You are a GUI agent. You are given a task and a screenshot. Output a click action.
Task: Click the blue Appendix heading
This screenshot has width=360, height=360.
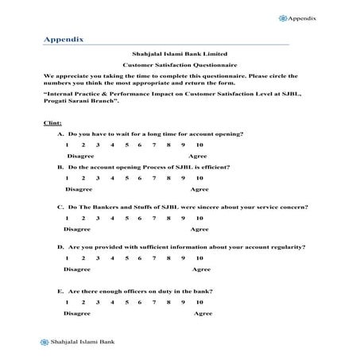coord(64,37)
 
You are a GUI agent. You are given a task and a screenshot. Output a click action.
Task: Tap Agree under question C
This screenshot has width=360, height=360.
coord(199,229)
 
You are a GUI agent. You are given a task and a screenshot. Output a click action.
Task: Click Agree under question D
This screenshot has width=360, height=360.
coord(199,270)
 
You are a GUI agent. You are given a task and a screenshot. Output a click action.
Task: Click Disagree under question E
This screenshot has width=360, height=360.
coord(78,314)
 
